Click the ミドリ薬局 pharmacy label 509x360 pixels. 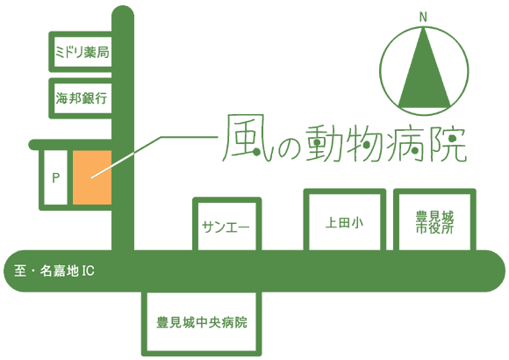[82, 53]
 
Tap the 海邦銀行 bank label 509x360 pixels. [82, 98]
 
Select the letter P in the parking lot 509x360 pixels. [56, 177]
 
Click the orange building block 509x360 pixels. [92, 177]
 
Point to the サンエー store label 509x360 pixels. [226, 227]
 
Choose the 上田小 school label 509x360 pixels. [344, 223]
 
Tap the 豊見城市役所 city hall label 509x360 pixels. [434, 222]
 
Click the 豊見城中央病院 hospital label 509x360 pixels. [202, 322]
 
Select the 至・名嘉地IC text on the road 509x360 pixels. [54, 270]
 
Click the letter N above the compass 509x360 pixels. [423, 18]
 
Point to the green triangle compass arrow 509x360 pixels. [424, 71]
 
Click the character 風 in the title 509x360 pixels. [247, 138]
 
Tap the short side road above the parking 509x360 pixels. [70, 145]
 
